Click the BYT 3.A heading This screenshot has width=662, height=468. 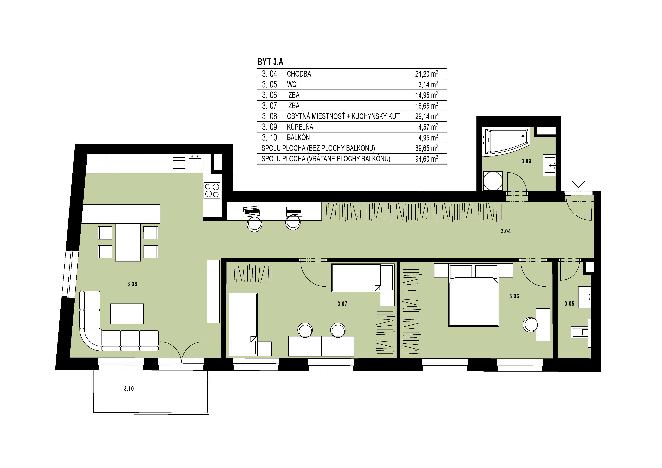(x=270, y=62)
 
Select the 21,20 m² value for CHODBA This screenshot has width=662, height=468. (x=426, y=74)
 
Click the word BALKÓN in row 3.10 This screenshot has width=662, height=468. (x=298, y=138)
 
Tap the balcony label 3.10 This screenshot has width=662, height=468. (x=129, y=389)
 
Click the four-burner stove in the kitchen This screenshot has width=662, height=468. (x=212, y=190)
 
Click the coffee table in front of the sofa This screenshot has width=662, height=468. (x=127, y=314)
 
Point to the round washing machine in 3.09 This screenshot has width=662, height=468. (x=493, y=181)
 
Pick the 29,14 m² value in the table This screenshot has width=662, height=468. (x=426, y=116)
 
